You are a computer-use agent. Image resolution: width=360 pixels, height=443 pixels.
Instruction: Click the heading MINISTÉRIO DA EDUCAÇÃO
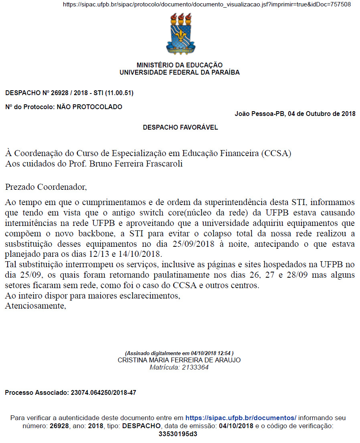pyautogui.click(x=180, y=65)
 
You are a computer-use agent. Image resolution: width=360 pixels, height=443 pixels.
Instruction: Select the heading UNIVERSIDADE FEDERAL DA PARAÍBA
pyautogui.click(x=180, y=73)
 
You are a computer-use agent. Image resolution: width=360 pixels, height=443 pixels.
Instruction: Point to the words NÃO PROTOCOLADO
pyautogui.click(x=89, y=107)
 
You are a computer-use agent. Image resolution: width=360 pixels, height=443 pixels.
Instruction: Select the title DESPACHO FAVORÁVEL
pyautogui.click(x=180, y=128)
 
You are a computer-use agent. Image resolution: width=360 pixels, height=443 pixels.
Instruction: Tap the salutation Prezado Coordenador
pyautogui.click(x=46, y=187)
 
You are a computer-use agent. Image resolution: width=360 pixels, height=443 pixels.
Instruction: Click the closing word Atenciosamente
pyautogui.click(x=34, y=306)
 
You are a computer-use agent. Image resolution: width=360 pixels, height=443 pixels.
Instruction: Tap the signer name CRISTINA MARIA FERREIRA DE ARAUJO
pyautogui.click(x=179, y=360)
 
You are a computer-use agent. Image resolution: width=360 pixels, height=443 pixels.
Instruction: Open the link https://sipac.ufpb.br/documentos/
pyautogui.click(x=241, y=418)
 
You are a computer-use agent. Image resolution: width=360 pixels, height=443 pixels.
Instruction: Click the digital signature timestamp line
pyautogui.click(x=179, y=353)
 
